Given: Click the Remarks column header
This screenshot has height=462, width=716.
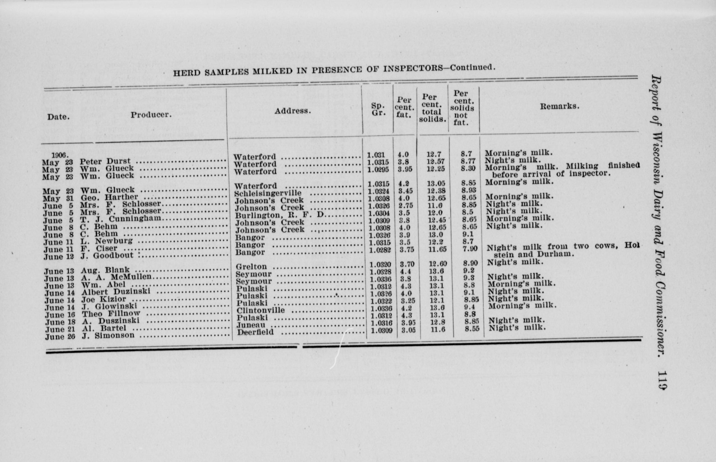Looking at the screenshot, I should point(559,107).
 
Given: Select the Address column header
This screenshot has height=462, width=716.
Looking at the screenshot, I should point(293,111).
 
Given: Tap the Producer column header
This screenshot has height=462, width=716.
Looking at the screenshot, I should point(151,115).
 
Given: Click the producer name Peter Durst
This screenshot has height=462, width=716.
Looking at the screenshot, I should point(105,161).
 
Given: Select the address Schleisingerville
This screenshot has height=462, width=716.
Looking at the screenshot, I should point(268,193).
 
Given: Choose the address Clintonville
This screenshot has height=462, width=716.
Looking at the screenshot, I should point(260,310).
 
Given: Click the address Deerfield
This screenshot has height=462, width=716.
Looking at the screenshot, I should point(255,332).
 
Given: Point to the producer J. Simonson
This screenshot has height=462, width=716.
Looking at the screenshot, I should point(108,335).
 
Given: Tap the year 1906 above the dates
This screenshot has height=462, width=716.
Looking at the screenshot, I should point(60,155).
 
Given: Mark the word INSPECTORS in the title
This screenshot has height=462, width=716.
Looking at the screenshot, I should point(413,69).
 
